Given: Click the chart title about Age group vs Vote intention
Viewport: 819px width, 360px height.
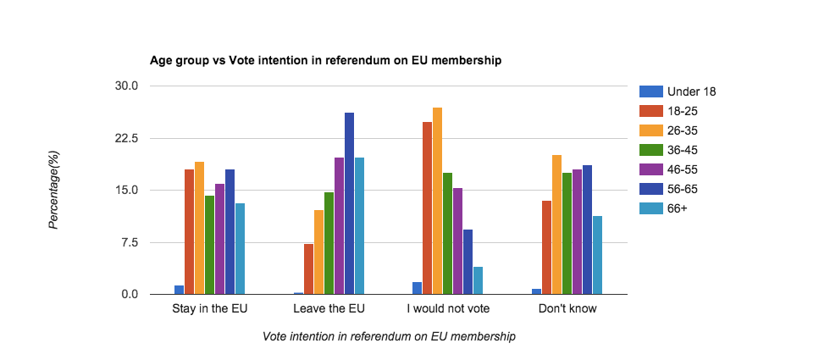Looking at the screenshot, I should (325, 61).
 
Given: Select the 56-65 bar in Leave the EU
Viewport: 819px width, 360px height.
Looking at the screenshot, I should (349, 203).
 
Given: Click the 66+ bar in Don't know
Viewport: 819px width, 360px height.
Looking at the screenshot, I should (597, 255).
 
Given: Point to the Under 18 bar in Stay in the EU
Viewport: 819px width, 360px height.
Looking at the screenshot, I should (180, 290).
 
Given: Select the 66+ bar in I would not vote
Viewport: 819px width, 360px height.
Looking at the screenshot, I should (478, 280).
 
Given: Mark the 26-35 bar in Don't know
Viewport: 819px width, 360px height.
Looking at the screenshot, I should (556, 224).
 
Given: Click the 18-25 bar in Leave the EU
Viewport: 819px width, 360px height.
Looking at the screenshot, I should (308, 269).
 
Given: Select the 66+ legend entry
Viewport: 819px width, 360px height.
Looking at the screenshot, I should (677, 208).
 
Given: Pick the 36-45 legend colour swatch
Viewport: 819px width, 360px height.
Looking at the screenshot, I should (650, 150).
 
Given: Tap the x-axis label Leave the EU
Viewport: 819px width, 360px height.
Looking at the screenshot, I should (329, 308).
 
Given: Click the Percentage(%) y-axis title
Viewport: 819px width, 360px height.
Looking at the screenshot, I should (53, 191).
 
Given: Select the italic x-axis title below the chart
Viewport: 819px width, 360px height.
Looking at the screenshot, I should (389, 336).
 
